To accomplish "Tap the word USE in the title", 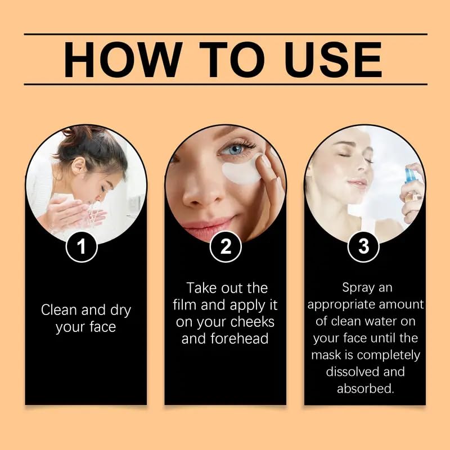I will [x=332, y=58].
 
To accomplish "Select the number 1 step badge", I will [x=83, y=247].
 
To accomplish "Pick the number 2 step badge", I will [x=225, y=247].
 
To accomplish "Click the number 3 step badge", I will [x=363, y=247].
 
